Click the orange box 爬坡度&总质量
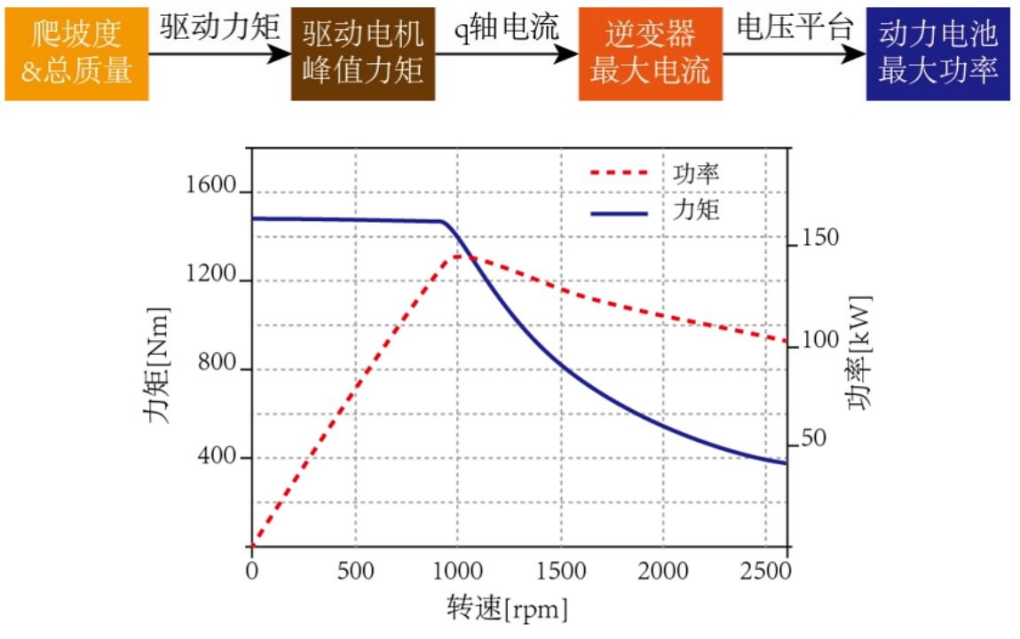click(x=76, y=53)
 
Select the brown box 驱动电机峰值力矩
click(x=363, y=53)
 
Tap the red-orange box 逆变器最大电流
click(x=650, y=53)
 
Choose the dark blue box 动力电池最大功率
click(x=938, y=53)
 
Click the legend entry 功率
click(x=691, y=173)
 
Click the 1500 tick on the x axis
click(x=561, y=571)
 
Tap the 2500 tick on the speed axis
click(x=765, y=571)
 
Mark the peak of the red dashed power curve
click(x=458, y=256)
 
